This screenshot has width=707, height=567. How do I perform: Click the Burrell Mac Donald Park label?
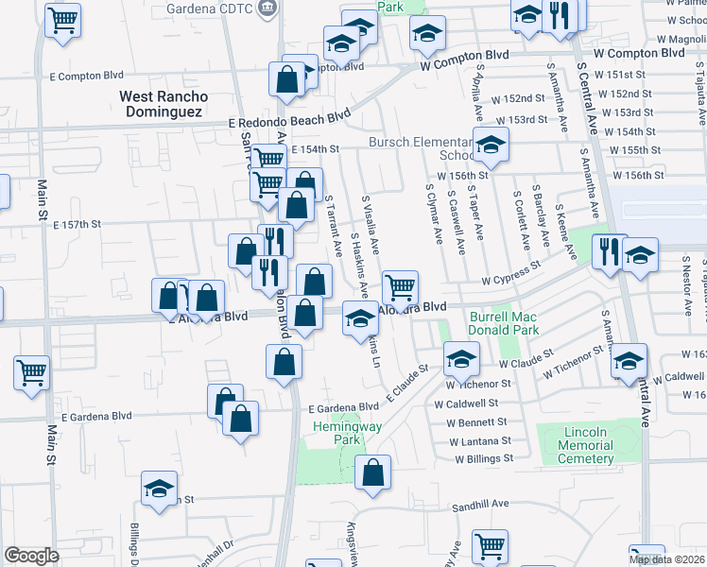coord(504,323)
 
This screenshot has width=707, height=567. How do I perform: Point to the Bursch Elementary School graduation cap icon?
coord(491,145)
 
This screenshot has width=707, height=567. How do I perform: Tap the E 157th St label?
coord(77,225)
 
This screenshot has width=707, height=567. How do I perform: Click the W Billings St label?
coord(483,458)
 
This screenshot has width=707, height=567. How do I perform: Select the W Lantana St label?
coord(480,441)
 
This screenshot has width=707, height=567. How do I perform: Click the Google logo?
coord(31,556)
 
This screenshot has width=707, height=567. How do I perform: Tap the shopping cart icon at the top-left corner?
coord(61,19)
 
